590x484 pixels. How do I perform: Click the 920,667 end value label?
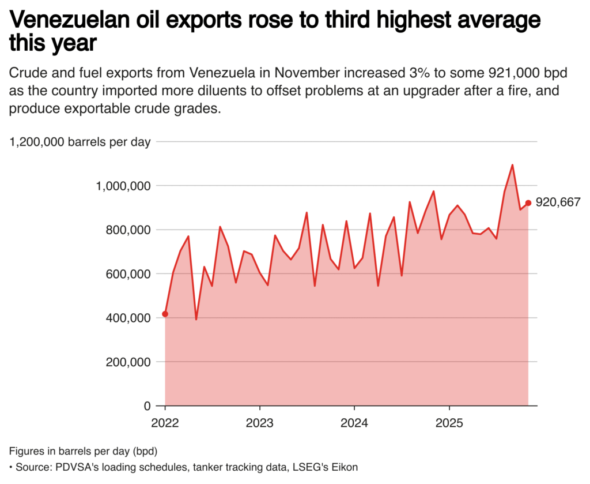pyautogui.click(x=558, y=202)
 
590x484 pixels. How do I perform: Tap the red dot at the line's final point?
pyautogui.click(x=528, y=202)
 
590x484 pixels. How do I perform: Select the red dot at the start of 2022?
pyautogui.click(x=165, y=314)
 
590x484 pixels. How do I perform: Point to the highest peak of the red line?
pyautogui.click(x=512, y=165)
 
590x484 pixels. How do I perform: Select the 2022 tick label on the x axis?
pyautogui.click(x=165, y=422)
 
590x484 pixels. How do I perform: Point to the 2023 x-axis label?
pyautogui.click(x=259, y=422)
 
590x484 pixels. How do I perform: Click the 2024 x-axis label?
pyautogui.click(x=354, y=422)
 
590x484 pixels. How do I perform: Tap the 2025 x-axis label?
pyautogui.click(x=449, y=422)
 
